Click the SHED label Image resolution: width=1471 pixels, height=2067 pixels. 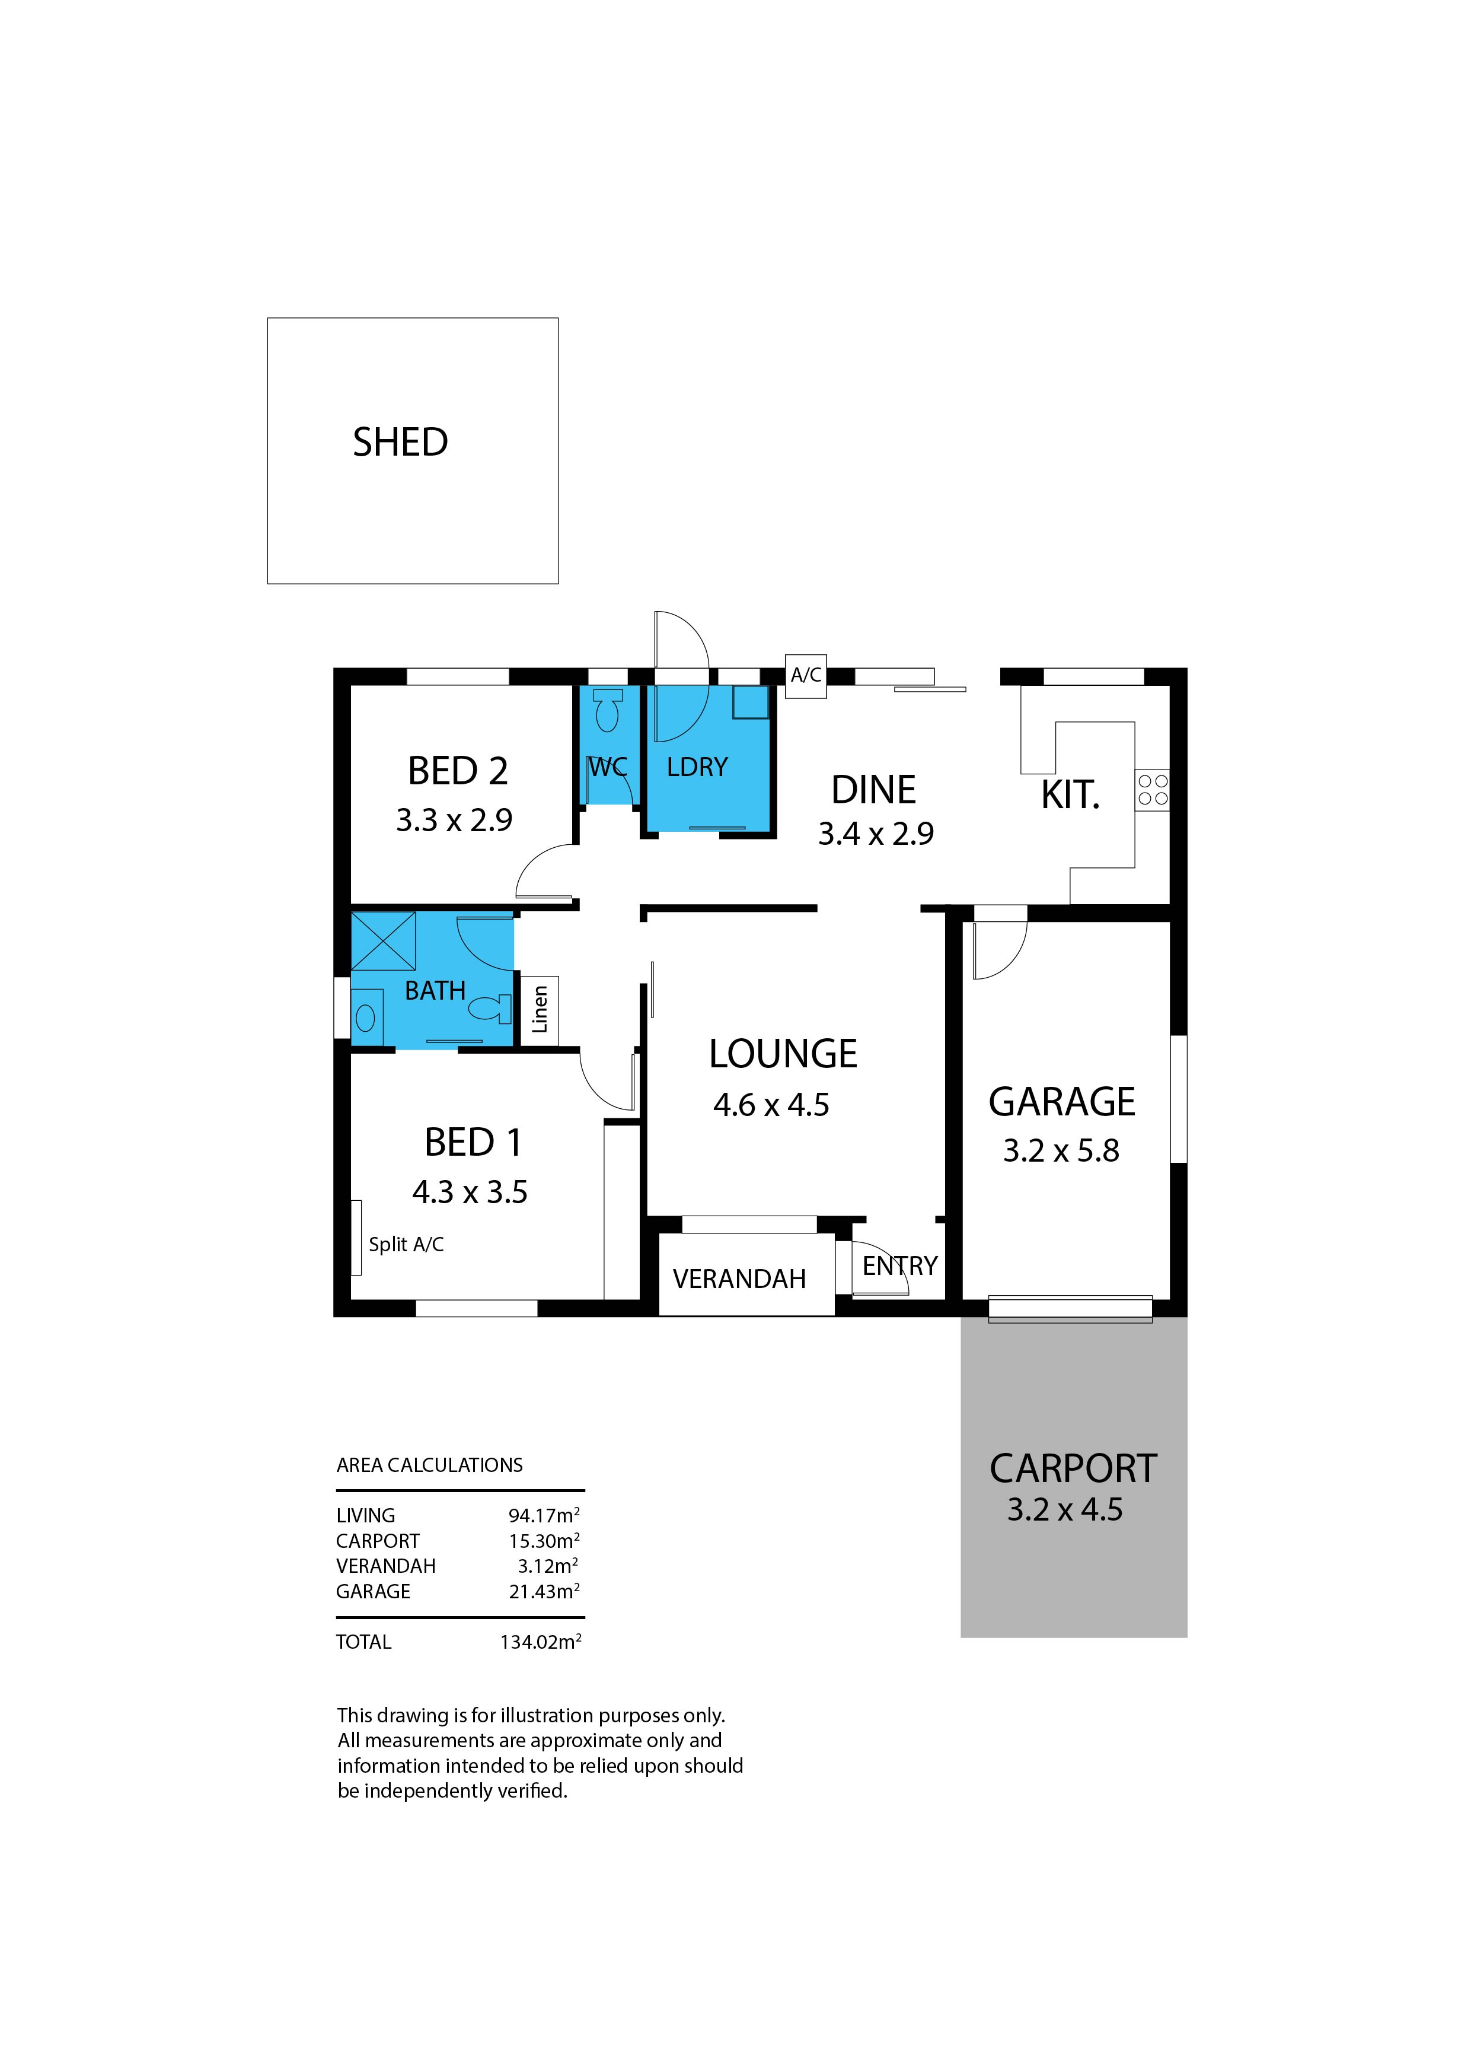pos(400,442)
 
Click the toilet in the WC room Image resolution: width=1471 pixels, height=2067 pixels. pos(608,710)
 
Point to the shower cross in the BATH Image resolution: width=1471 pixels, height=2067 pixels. pos(383,942)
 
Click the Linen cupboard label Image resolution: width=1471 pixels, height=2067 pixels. pos(540,1010)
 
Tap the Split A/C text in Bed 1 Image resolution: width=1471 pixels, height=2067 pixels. pos(406,1244)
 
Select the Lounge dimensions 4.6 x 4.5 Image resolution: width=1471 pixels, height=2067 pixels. pos(771,1105)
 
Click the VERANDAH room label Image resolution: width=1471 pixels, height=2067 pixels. pos(739,1279)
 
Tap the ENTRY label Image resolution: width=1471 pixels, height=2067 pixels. pos(899,1266)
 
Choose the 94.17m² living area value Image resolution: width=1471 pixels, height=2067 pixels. pos(544,1515)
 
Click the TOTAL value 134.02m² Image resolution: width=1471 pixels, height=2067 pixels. pos(540,1642)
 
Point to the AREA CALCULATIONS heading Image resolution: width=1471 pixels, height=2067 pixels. pos(429,1465)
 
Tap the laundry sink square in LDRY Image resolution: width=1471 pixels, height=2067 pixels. pos(750,702)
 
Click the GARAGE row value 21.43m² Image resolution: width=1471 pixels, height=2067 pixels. pos(544,1591)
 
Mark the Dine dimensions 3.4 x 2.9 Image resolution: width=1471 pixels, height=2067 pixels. pos(875,833)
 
